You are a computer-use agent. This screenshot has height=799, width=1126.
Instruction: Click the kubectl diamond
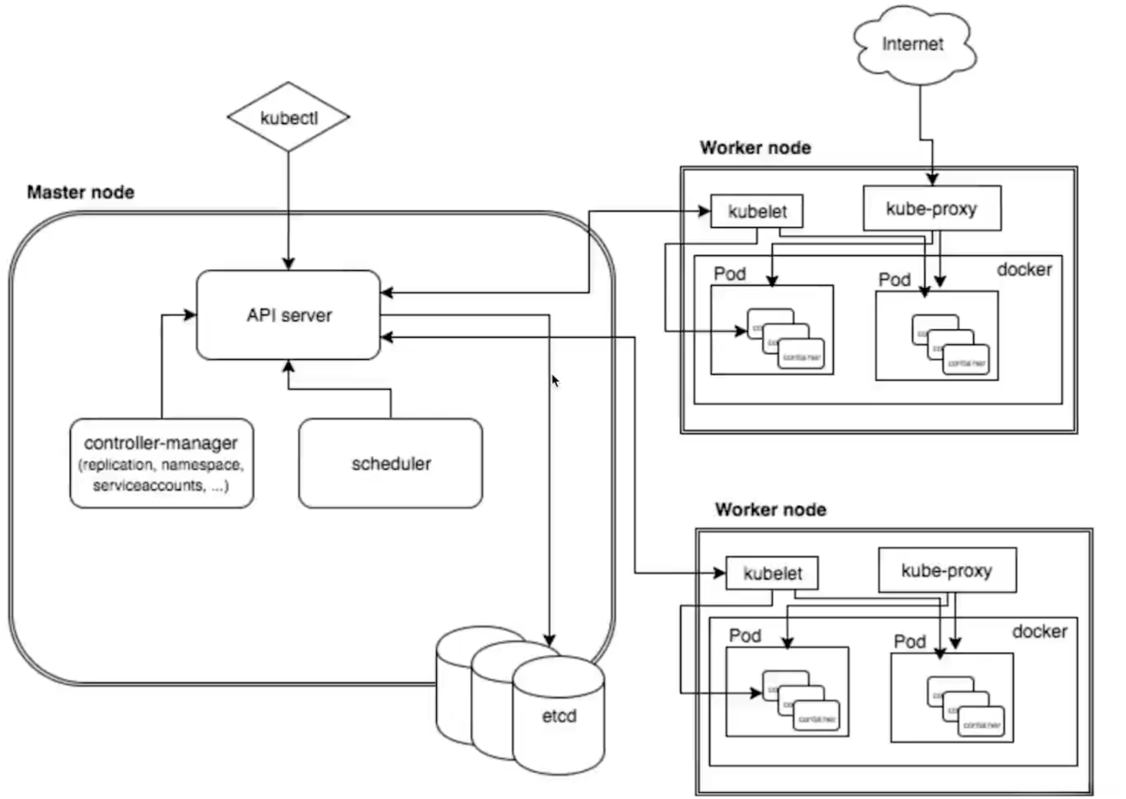pyautogui.click(x=289, y=117)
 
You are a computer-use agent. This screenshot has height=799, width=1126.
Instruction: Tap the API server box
pyautogui.click(x=289, y=315)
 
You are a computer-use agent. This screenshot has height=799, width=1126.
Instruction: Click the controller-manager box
pyautogui.click(x=161, y=463)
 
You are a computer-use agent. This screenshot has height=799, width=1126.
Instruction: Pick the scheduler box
pyautogui.click(x=391, y=463)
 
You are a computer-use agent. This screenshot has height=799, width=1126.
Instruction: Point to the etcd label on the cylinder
pyautogui.click(x=559, y=716)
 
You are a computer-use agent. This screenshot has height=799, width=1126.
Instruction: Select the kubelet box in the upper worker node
pyautogui.click(x=757, y=212)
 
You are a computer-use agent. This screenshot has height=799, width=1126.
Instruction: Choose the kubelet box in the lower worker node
pyautogui.click(x=772, y=573)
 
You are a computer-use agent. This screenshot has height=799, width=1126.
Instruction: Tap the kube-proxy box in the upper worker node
pyautogui.click(x=932, y=209)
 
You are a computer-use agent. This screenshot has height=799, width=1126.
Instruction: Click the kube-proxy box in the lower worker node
pyautogui.click(x=947, y=570)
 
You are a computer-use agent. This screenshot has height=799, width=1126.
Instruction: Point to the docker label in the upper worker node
pyautogui.click(x=1024, y=270)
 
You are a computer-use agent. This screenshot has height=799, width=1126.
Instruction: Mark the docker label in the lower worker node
pyautogui.click(x=1039, y=631)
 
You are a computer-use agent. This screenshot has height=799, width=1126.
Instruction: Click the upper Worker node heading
pyautogui.click(x=756, y=148)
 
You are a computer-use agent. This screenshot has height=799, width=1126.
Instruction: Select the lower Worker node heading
pyautogui.click(x=770, y=510)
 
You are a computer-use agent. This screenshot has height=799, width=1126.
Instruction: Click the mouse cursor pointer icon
pyautogui.click(x=555, y=381)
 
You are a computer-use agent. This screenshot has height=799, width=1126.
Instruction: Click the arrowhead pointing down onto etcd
pyautogui.click(x=549, y=639)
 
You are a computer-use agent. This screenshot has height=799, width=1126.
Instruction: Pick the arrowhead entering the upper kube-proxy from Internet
pyautogui.click(x=932, y=179)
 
